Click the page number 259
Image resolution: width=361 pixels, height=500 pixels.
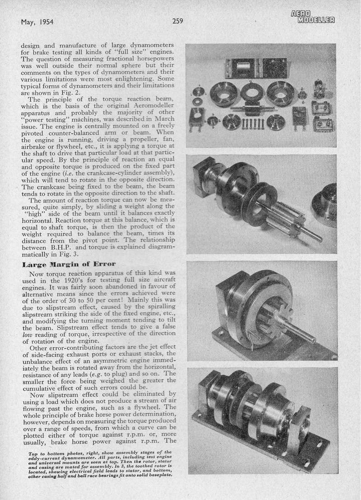pos(177,21)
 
